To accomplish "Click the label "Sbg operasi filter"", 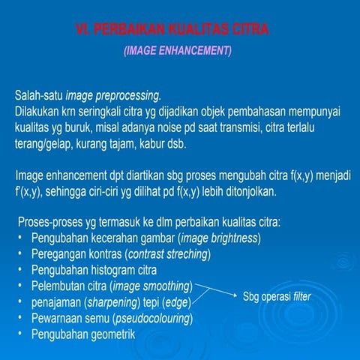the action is tap(277, 297).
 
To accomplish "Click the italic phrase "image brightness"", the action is tap(219, 238).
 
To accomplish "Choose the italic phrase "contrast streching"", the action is tap(168, 254).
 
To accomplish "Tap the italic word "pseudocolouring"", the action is tap(154, 319).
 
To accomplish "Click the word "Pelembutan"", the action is tap(58, 286).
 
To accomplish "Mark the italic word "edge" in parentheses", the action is tap(178, 302).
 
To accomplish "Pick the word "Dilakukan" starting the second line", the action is tap(38, 111).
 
